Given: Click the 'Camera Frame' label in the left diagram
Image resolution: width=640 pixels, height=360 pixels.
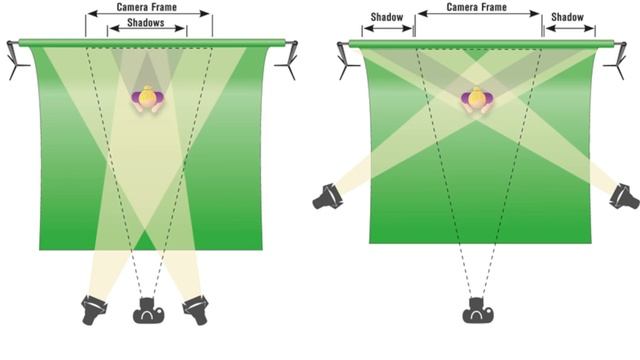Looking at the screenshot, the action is point(147,7).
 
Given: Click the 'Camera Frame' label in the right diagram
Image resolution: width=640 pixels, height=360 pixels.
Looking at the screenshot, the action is point(477,7).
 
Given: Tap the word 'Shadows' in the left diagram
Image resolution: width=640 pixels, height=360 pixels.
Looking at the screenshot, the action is point(146,22).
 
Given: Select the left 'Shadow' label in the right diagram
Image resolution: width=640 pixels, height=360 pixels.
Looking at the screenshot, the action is point(387,17).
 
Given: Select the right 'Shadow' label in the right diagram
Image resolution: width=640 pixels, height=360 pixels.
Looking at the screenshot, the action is point(567,17).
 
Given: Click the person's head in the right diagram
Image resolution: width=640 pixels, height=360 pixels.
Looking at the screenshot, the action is point(477,98).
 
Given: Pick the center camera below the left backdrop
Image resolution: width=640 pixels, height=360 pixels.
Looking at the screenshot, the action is point(149,311).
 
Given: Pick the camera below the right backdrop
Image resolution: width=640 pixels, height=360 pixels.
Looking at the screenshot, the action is point(478,311).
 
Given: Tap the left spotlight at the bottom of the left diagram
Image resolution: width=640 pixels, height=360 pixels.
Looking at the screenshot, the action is point(93,310).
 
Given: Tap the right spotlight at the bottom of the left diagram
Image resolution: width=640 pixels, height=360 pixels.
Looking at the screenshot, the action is point(196,310).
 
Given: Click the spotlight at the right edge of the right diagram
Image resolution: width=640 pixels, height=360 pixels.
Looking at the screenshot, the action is point(624,197).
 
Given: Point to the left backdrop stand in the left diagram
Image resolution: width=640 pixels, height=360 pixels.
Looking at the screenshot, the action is point(16,60).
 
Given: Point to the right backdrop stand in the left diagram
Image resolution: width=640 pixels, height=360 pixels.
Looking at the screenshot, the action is point(288,60).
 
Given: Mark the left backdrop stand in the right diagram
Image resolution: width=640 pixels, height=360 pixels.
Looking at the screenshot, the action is point(347,60).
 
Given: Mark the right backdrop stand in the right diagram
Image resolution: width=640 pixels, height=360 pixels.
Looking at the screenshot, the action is point(617,60).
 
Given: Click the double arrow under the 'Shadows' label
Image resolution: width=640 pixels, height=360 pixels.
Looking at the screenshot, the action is point(147,28).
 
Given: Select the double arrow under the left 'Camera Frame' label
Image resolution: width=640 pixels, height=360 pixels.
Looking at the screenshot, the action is point(149,13).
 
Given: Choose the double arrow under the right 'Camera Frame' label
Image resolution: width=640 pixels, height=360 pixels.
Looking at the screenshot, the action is point(479,13).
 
